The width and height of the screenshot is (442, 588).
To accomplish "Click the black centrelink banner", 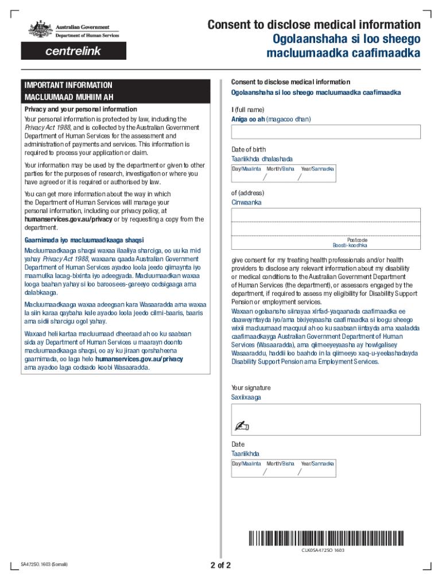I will click(x=73, y=51).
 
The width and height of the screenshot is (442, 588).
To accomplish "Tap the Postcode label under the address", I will click(x=357, y=239).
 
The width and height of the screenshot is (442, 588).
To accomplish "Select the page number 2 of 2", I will click(x=220, y=565).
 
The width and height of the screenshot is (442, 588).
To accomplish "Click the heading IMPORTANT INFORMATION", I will click(x=68, y=85).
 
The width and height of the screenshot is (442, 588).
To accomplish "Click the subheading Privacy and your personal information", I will click(x=80, y=109).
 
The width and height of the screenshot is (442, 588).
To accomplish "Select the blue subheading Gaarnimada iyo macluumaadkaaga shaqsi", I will click(x=84, y=240).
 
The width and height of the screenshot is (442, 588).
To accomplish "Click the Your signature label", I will click(x=251, y=388).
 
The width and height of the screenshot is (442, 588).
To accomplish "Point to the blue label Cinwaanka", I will click(x=246, y=203).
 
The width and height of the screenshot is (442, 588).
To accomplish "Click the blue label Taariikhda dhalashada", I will click(x=262, y=158).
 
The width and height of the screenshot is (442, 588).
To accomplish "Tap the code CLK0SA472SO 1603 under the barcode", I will click(x=323, y=550).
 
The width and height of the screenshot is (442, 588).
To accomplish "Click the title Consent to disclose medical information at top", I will click(x=314, y=25).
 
